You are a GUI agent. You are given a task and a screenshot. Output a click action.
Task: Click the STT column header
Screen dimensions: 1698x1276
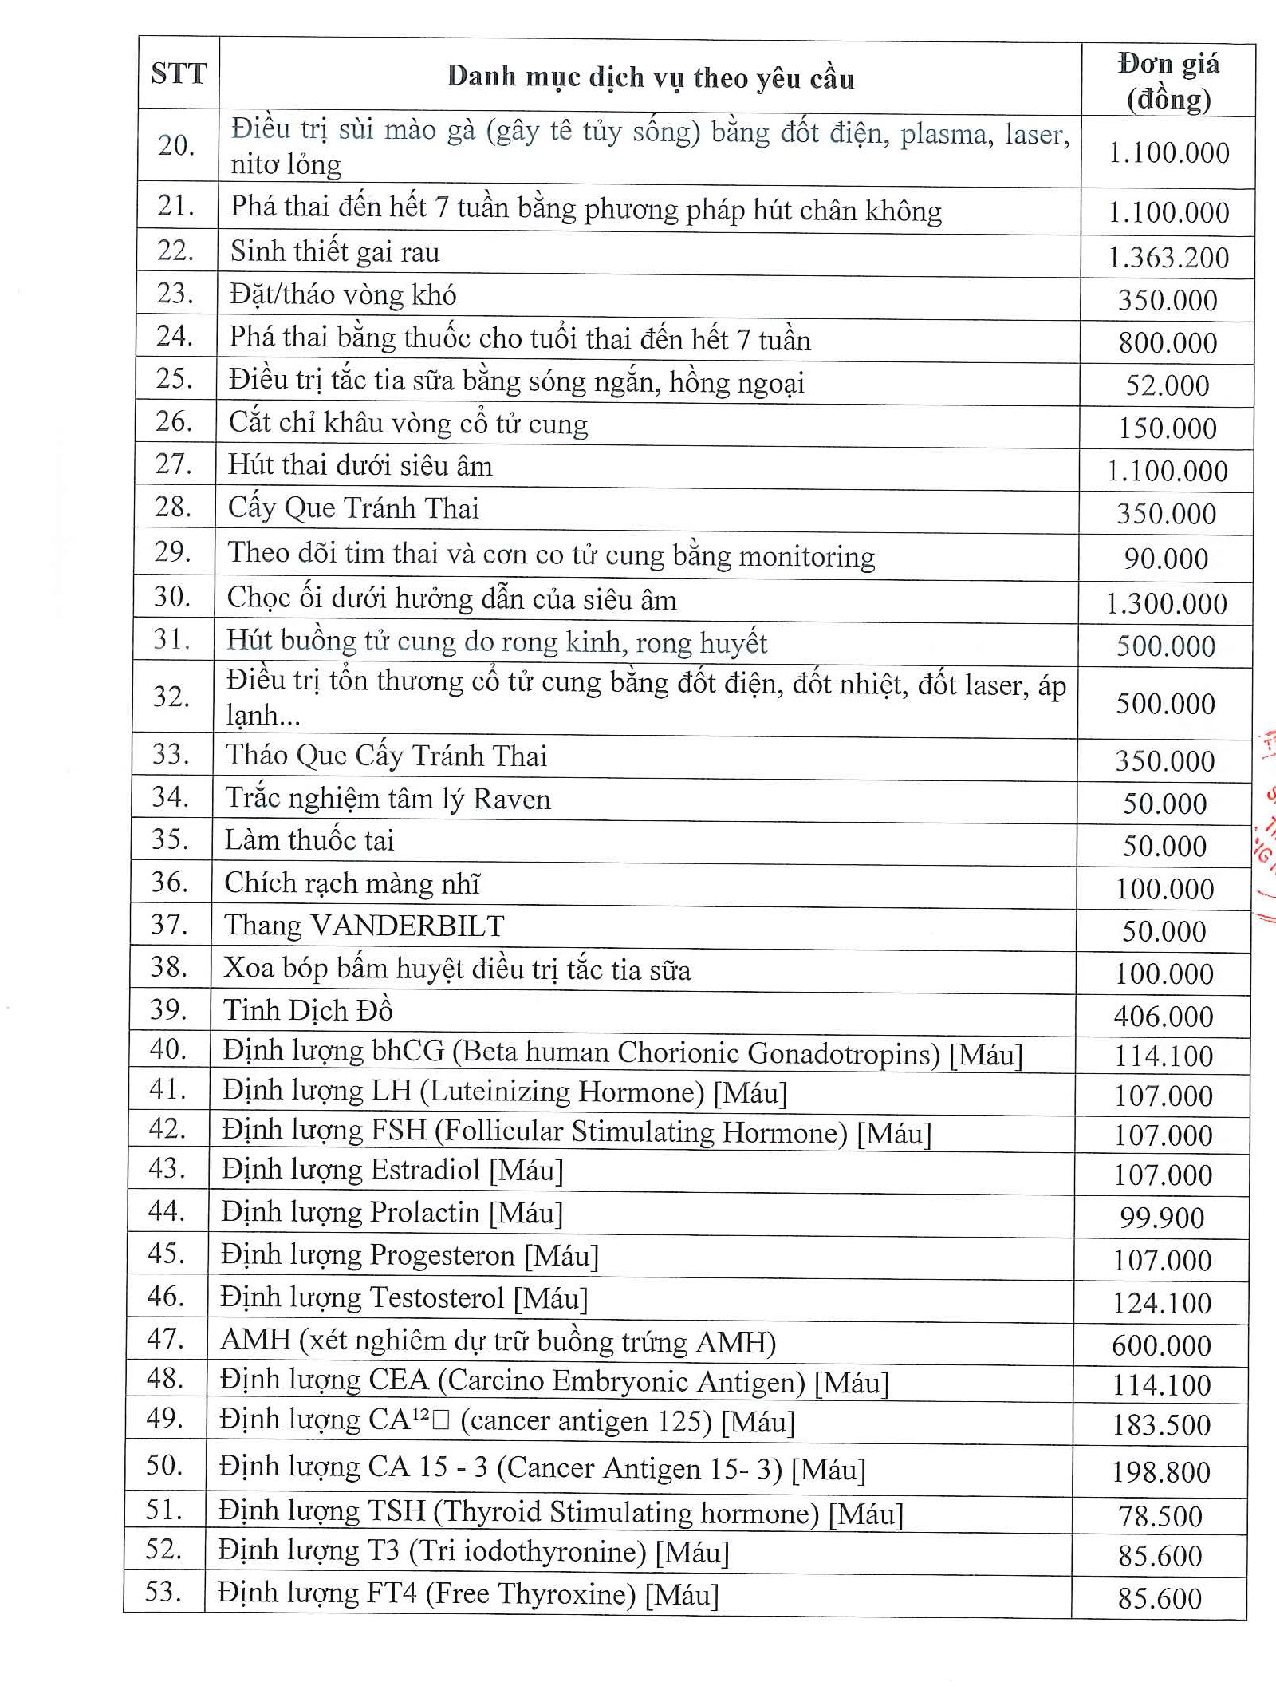[x=179, y=73]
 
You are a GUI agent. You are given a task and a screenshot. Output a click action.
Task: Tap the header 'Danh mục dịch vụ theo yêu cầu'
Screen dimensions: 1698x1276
[x=650, y=77]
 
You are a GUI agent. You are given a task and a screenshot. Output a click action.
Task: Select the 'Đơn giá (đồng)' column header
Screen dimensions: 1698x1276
[x=1168, y=81]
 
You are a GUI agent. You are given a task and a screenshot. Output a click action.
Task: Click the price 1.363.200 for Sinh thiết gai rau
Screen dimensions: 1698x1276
[x=1168, y=257]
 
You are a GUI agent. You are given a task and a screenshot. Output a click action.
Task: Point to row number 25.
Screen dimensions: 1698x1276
[x=175, y=378]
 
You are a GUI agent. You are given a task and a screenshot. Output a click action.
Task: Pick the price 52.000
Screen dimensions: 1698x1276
[x=1168, y=385]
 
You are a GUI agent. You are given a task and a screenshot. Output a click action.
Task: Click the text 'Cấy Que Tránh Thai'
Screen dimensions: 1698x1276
[x=353, y=508]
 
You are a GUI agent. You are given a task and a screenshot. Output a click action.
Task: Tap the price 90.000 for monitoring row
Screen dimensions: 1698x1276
[x=1166, y=559]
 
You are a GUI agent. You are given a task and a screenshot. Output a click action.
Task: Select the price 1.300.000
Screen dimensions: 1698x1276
[x=1166, y=603]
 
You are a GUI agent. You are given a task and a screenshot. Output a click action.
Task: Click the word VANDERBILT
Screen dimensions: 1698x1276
[x=408, y=926]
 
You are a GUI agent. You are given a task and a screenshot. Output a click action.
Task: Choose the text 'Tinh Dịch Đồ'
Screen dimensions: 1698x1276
[x=308, y=1010]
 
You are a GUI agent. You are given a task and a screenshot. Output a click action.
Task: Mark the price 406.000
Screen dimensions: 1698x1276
[x=1164, y=1016]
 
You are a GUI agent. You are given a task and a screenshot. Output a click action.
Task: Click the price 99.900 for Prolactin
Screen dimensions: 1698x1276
[x=1162, y=1217]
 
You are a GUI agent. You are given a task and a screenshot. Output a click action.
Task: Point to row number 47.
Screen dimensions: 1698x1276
[x=166, y=1338]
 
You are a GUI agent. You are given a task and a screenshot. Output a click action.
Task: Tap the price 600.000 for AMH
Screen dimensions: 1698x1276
[x=1162, y=1345]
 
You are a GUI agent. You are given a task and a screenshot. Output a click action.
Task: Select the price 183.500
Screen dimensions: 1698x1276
[x=1162, y=1424]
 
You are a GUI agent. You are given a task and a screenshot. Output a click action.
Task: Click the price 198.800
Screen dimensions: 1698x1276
[x=1161, y=1471]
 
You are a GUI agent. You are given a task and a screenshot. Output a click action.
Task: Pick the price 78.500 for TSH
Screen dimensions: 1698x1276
[x=1160, y=1515]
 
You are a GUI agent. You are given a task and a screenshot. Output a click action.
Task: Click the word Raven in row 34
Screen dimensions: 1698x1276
[x=511, y=799]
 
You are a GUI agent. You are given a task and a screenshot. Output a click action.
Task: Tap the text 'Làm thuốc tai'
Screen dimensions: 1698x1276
[x=309, y=840]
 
